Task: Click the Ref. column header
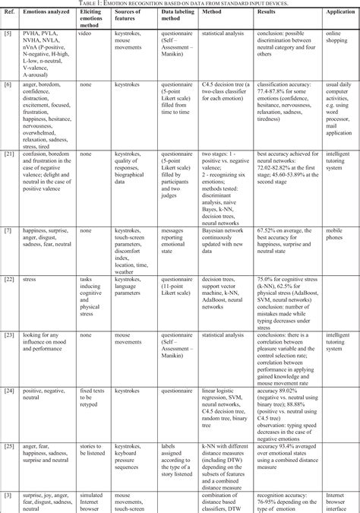click(9, 12)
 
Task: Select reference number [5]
click(8, 36)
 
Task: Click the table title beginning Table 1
click(180, 3)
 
